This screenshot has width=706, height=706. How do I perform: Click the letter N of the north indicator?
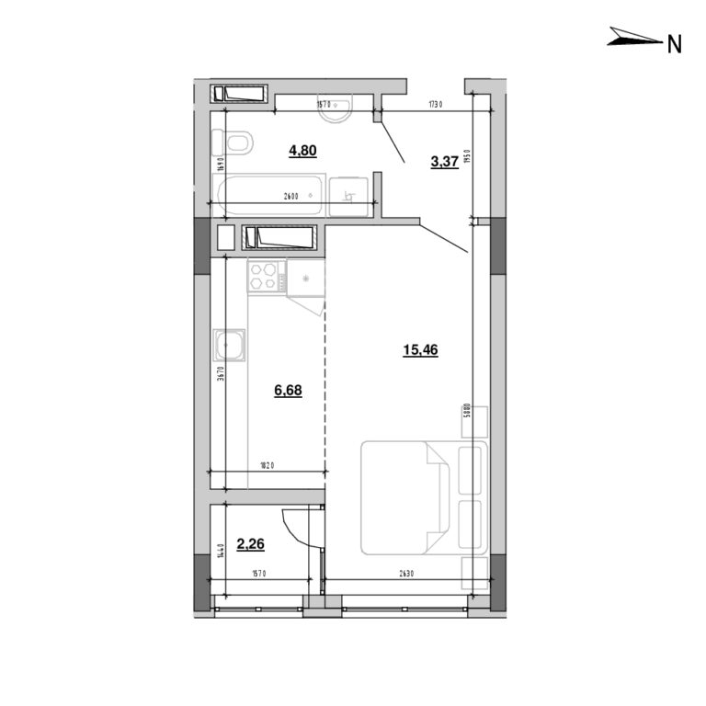tap(674, 42)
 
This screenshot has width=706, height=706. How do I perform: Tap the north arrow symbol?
tap(634, 39)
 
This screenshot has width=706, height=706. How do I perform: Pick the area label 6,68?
tap(287, 390)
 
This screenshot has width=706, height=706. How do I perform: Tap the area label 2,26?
tap(250, 543)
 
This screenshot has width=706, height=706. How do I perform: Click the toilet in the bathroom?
tap(233, 143)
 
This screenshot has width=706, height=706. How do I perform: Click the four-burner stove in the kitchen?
tap(265, 277)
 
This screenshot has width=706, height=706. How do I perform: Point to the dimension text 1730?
tap(435, 105)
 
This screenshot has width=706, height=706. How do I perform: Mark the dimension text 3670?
tap(222, 380)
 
